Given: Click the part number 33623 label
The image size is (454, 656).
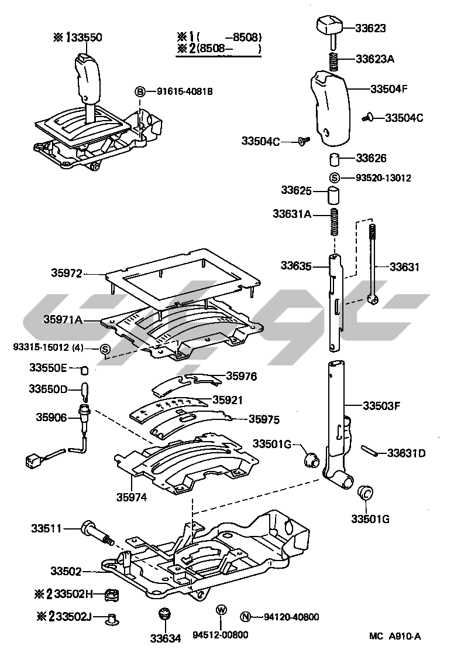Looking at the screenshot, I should coord(373,28).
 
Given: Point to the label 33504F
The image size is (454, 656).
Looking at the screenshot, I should coord(388,90).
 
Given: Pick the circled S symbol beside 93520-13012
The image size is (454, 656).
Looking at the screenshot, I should coord(335,178).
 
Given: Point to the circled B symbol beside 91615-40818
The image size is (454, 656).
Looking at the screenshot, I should coord(140,91).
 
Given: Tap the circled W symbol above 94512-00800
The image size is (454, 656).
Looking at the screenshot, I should coord(221,609).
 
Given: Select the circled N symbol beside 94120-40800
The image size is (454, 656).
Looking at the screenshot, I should coord(246,616).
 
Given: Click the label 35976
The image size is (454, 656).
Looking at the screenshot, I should coord(242,377).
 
